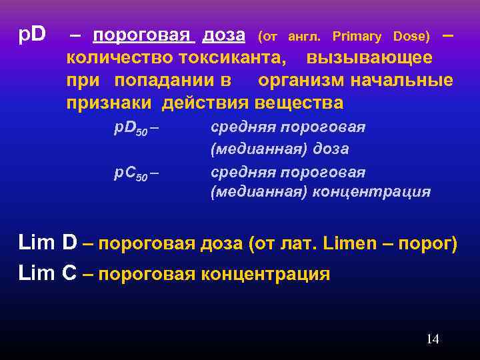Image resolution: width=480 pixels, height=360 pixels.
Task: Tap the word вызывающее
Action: (x=369, y=58)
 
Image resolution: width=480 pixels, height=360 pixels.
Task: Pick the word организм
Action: (x=301, y=81)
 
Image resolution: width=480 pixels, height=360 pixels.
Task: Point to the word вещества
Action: (x=297, y=103)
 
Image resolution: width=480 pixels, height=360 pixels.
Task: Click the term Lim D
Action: (x=47, y=243)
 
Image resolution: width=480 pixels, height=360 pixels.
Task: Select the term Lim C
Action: (x=47, y=273)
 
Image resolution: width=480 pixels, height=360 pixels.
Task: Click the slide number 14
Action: (x=432, y=339)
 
